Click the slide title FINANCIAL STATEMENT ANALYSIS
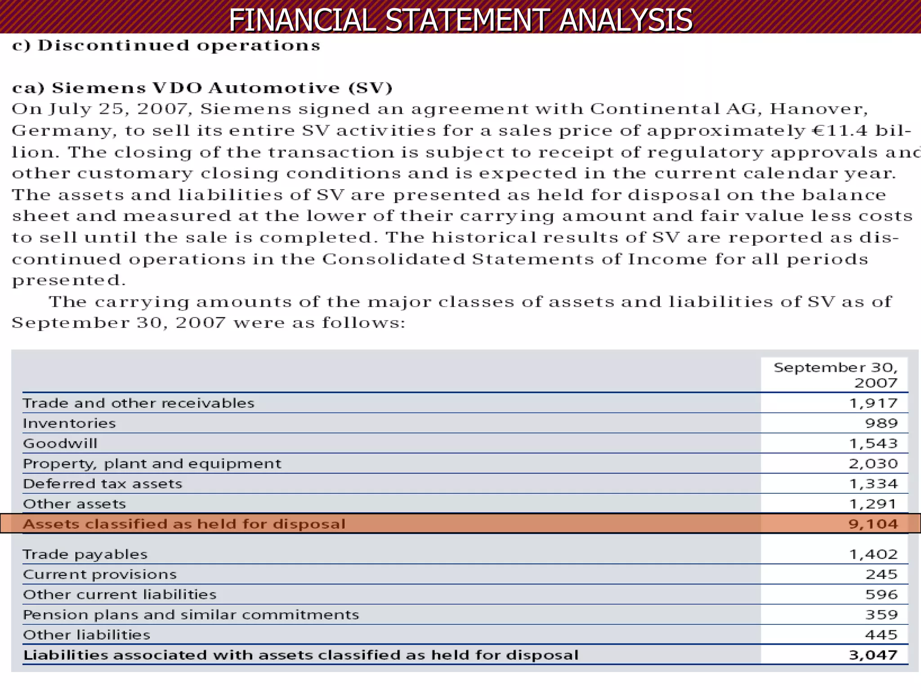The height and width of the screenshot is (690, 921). tap(460, 20)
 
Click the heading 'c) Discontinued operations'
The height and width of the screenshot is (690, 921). tap(166, 45)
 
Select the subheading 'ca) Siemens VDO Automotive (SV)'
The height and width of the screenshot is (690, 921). tap(202, 88)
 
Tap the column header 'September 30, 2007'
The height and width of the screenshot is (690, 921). tap(835, 375)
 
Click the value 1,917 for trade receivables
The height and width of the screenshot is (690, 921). tap(873, 403)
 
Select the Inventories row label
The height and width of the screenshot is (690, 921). tap(69, 423)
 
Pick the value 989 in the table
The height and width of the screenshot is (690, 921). tap(881, 423)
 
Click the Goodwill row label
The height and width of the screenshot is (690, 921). tap(60, 443)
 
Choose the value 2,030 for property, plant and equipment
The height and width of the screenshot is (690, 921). tap(873, 464)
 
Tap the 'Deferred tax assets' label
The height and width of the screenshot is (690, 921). tap(103, 484)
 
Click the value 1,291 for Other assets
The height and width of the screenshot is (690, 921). tap(873, 504)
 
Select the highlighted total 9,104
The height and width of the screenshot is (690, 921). tap(873, 524)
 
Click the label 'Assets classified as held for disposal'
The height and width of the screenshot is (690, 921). tap(184, 524)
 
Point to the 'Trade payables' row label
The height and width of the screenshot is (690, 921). tap(85, 554)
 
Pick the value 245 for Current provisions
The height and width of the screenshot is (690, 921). tap(881, 575)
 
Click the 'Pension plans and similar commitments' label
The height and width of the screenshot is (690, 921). tap(191, 615)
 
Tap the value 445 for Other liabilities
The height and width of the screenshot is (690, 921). tap(881, 635)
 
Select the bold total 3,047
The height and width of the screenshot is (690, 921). tap(873, 655)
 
